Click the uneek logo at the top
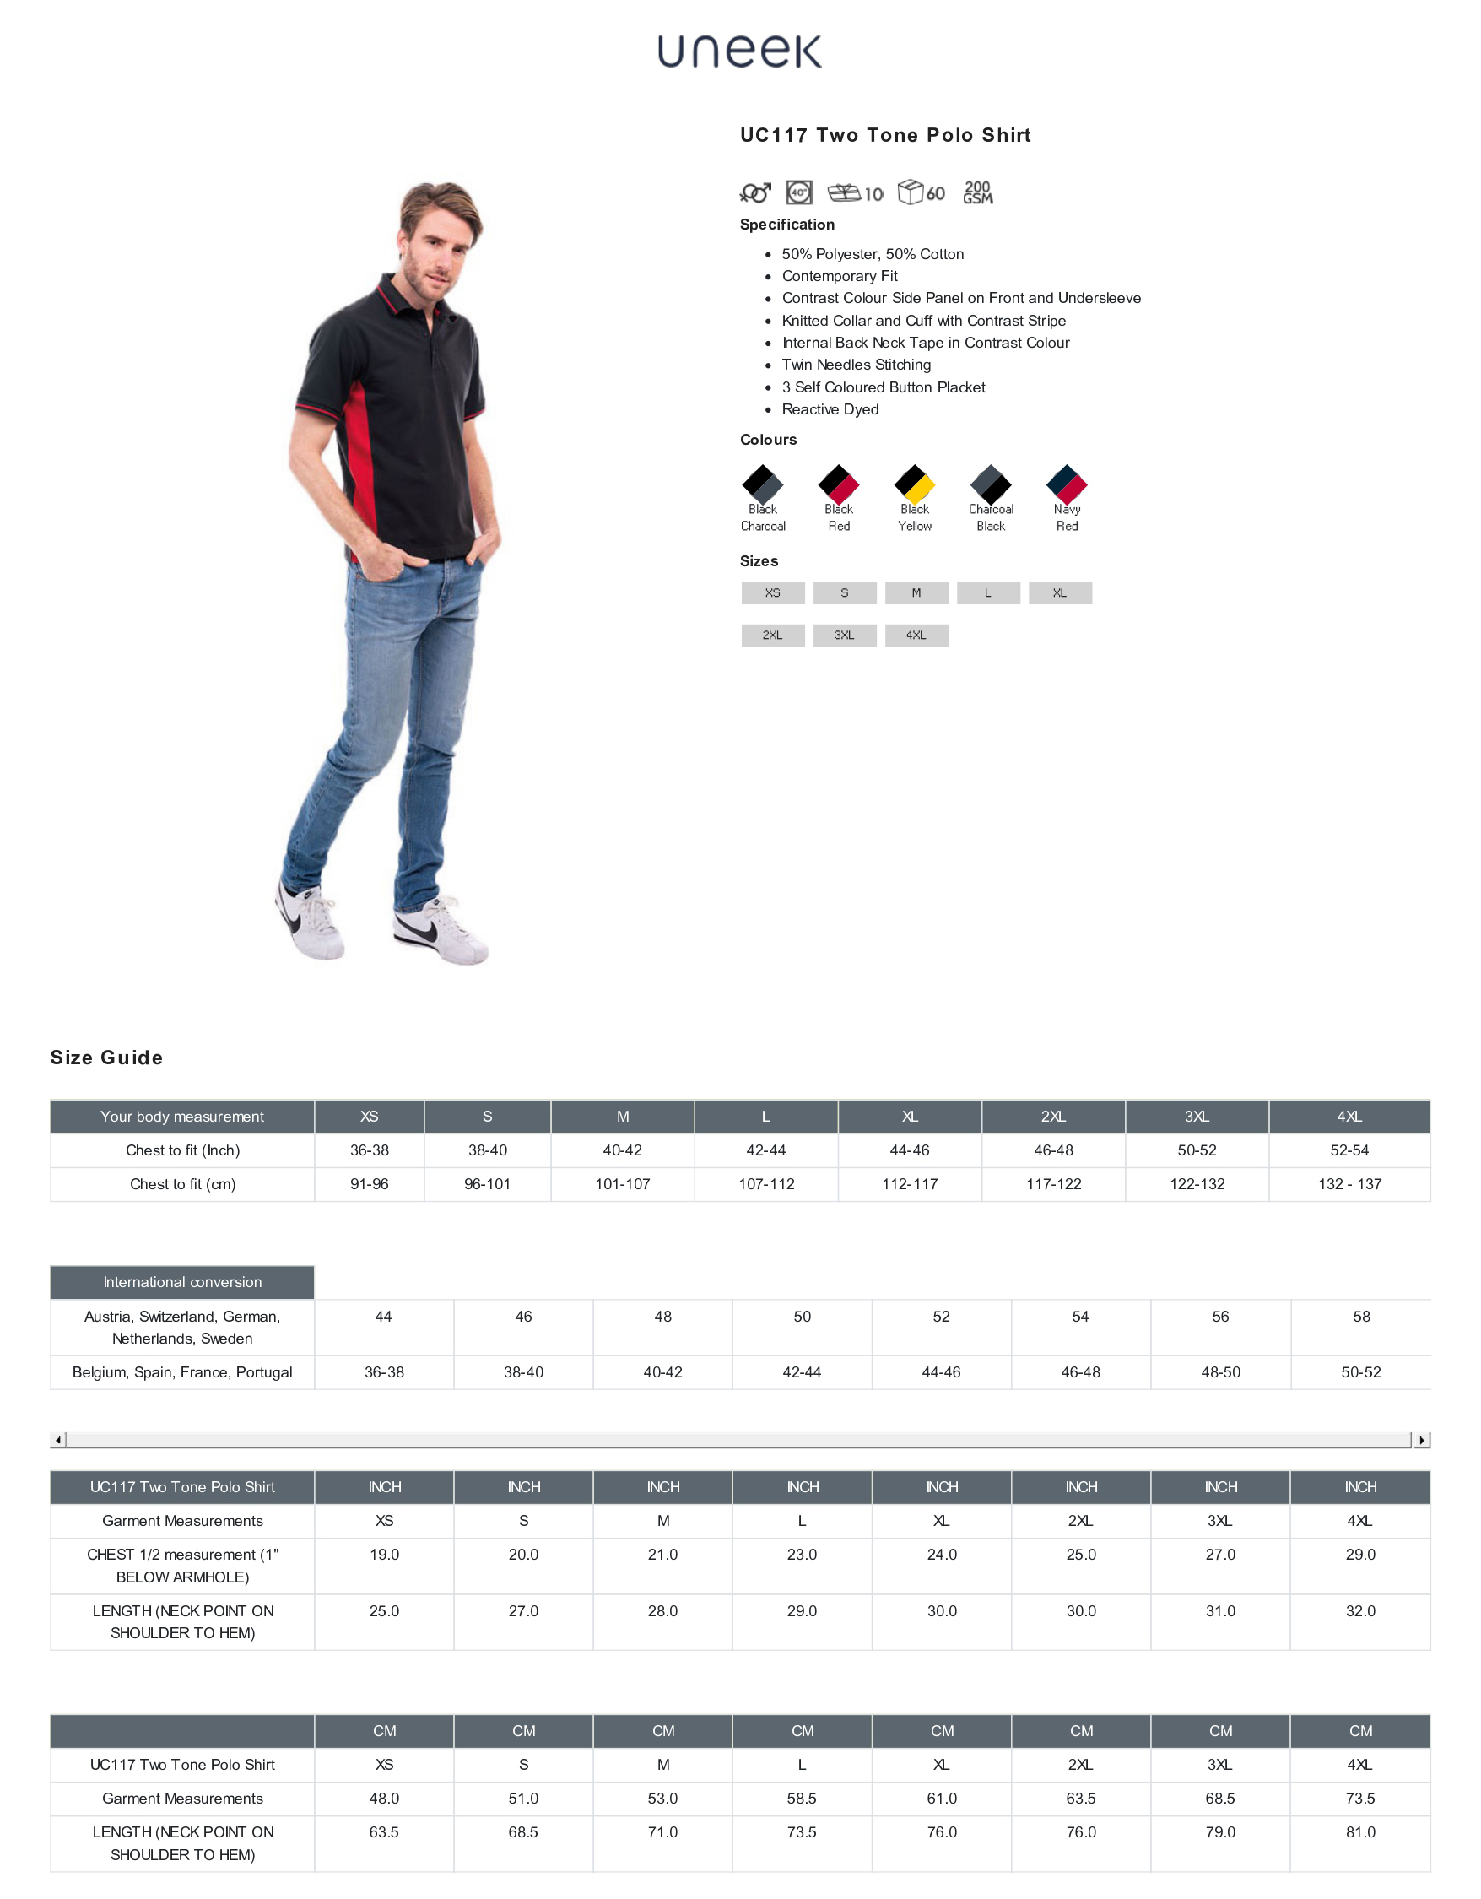[738, 52]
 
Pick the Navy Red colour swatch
[1067, 484]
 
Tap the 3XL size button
[844, 636]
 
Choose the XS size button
[773, 593]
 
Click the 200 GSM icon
[978, 192]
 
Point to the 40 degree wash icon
[799, 192]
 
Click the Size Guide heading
[107, 1058]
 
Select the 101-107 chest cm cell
[622, 1184]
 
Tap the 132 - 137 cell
[1349, 1184]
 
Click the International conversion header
[182, 1283]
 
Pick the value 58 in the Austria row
[1361, 1317]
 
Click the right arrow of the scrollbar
[1421, 1441]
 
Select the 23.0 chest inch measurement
[802, 1555]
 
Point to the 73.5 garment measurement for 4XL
[1360, 1798]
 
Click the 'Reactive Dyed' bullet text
[830, 409]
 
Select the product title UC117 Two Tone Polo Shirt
[885, 136]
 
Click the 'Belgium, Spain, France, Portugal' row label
[182, 1372]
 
